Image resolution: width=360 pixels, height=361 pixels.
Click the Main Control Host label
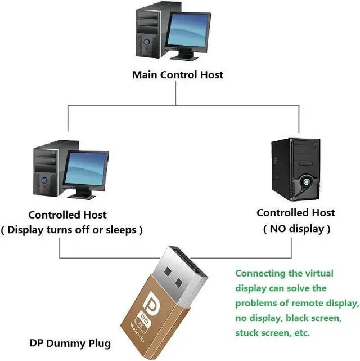[177, 74]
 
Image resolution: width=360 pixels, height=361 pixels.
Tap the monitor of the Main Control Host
[188, 30]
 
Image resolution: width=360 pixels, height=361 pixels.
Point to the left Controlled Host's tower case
[48, 169]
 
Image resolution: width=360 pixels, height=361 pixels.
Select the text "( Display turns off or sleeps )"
[71, 230]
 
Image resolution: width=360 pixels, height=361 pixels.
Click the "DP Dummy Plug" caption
[70, 343]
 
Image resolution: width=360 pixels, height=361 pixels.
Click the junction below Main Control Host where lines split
[176, 105]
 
